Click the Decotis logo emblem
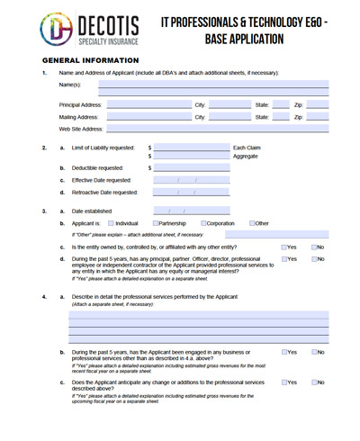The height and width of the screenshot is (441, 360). coord(56,29)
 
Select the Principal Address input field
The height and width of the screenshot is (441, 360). coord(148,105)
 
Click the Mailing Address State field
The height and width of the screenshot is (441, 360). coord(281,117)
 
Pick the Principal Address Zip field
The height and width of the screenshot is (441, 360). coord(318,105)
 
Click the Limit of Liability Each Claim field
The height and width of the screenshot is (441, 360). coord(192,148)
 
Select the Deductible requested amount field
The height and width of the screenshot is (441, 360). coord(192,167)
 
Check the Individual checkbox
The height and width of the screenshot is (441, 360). coord(111,223)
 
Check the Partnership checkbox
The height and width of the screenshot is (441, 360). coord(157,223)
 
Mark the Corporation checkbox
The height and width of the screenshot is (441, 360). coord(202,223)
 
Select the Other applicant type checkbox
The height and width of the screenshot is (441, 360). coord(253,223)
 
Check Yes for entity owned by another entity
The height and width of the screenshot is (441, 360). coord(284,247)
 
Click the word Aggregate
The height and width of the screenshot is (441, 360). coord(246,157)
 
